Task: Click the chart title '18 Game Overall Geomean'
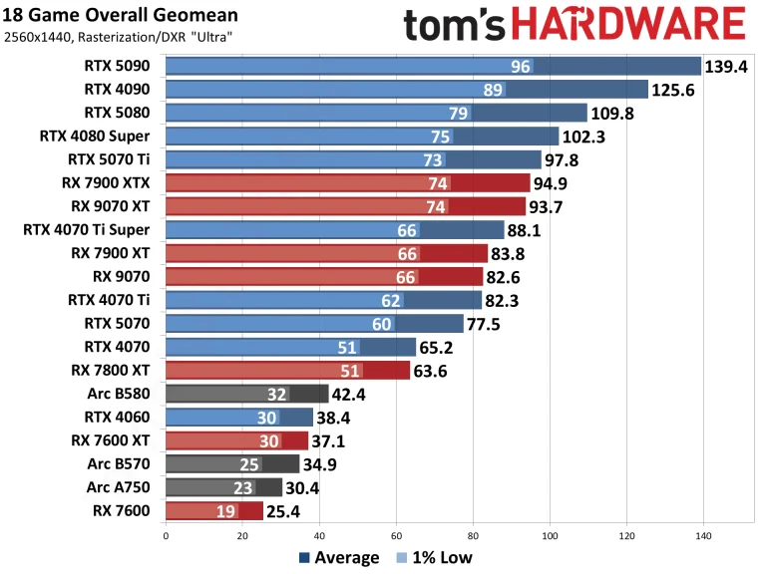click(122, 16)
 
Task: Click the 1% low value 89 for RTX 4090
click(491, 90)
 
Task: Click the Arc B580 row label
click(123, 393)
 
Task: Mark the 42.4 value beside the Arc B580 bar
click(352, 394)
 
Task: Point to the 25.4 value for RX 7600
click(286, 510)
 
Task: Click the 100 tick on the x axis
click(550, 535)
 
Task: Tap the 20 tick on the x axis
click(242, 535)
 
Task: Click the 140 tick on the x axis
click(703, 535)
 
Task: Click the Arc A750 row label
click(123, 486)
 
